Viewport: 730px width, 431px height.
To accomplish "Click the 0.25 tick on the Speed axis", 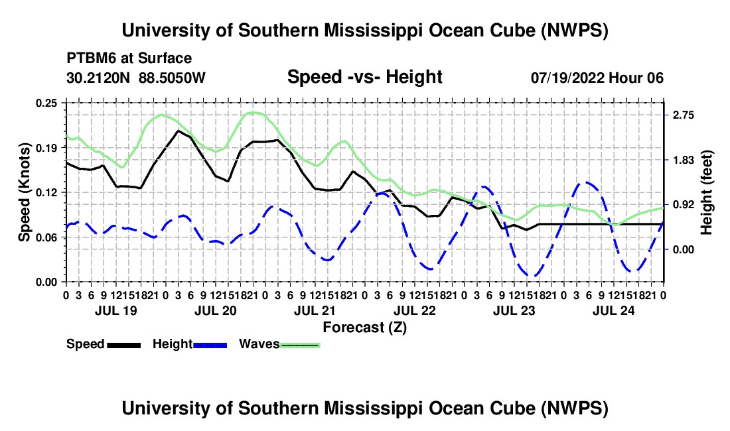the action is (x=46, y=103).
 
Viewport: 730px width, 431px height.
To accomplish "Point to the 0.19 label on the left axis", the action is (x=46, y=148).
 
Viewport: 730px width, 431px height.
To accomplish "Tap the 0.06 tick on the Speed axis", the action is (x=46, y=237).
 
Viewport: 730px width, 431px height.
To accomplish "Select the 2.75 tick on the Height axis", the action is (x=683, y=115).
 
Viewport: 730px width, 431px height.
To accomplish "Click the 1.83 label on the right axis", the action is (x=683, y=160).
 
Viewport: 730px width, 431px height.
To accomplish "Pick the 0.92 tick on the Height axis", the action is (x=683, y=205).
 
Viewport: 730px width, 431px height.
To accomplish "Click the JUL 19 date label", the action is (x=116, y=310).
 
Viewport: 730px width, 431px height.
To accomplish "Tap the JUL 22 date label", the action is (x=415, y=310).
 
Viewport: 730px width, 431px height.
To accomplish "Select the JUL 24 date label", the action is (x=614, y=310).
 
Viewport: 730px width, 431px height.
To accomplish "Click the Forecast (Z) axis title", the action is (x=364, y=328).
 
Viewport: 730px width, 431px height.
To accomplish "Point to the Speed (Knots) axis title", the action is (x=24, y=192).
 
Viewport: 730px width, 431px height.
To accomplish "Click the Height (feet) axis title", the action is (x=706, y=192).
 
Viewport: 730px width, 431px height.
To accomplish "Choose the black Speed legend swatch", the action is (x=124, y=345).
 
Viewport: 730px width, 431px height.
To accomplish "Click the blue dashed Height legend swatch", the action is (x=210, y=345).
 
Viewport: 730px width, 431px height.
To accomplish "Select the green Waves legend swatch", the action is (x=300, y=345).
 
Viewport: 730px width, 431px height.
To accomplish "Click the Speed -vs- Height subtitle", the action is (x=364, y=77).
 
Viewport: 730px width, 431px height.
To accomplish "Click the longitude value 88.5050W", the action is (x=172, y=78).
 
